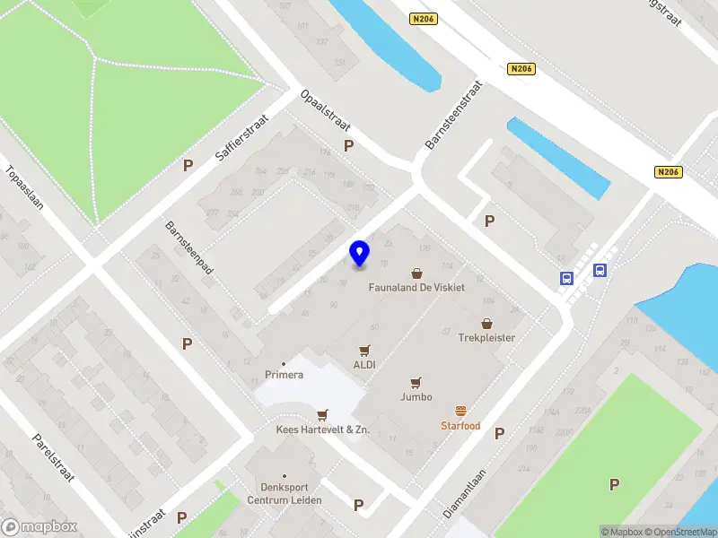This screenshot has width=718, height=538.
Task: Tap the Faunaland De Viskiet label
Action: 416,289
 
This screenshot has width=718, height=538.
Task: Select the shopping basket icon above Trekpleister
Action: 487,324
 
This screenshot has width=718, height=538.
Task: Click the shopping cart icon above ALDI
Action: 364,351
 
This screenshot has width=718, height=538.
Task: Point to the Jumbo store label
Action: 416,396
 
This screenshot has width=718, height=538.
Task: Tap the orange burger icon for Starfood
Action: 461,410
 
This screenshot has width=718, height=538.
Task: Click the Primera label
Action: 284,375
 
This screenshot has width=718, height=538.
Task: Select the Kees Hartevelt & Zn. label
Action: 322,430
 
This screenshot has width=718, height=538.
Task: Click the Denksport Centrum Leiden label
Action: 285,493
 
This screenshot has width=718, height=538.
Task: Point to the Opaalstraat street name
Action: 325,109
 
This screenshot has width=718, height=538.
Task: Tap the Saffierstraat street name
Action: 236,141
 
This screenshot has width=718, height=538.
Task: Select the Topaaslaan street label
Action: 24,187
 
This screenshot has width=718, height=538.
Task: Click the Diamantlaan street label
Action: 464,494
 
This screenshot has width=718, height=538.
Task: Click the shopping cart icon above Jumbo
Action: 416,382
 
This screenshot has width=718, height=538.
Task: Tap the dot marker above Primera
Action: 284,363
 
